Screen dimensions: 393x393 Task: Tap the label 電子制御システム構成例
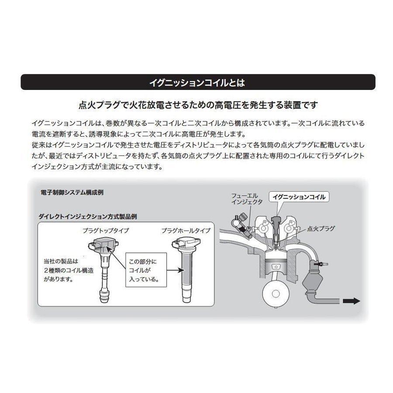(72, 192)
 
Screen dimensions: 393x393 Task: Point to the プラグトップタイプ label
(106, 230)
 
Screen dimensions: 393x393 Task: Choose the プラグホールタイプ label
(186, 230)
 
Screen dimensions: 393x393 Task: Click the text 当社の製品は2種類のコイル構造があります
(61, 270)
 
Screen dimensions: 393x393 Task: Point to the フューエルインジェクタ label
(247, 199)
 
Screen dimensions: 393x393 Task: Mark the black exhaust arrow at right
(351, 301)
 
